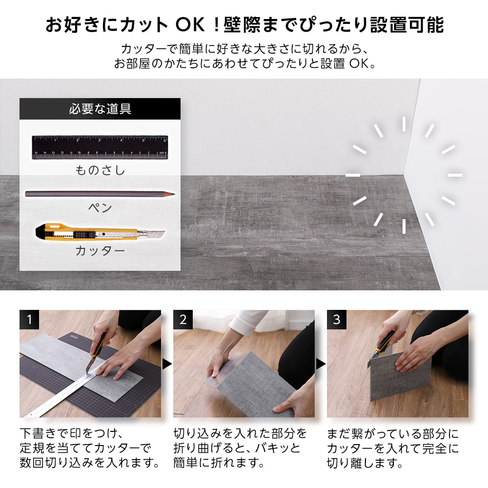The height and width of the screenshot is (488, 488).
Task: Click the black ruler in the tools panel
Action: pos(100,147)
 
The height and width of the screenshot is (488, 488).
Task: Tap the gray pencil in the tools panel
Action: pos(98,194)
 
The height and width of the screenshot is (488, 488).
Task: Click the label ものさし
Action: pos(100,170)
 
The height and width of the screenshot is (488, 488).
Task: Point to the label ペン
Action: pos(100,208)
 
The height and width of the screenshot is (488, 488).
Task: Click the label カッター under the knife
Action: pos(100,251)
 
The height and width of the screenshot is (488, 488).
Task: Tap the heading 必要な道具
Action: pos(100,109)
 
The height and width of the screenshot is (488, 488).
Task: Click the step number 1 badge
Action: pos(29,320)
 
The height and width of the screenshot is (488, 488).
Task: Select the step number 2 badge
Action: pos(183,320)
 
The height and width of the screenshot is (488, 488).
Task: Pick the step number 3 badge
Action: pos(337,320)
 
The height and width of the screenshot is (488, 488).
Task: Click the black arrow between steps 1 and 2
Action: pos(167,364)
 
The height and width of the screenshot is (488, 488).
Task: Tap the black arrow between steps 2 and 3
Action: pos(321,364)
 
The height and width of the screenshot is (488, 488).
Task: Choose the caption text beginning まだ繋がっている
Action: pos(393,447)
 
